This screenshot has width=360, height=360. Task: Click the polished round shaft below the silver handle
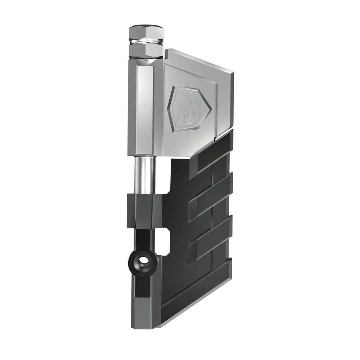pos(143,176)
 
